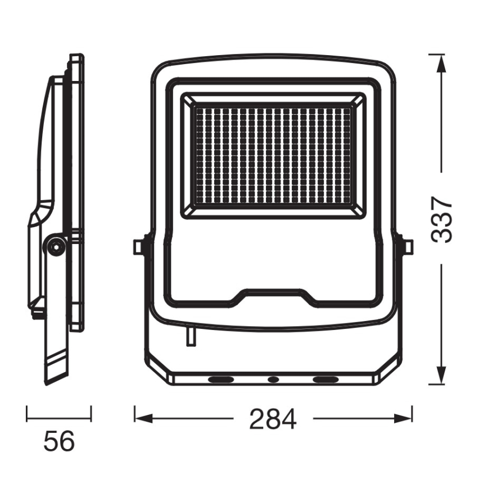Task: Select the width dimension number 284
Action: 273,419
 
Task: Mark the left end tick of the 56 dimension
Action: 27,413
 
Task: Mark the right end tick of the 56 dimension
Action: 91,413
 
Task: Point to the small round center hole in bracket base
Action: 273,380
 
